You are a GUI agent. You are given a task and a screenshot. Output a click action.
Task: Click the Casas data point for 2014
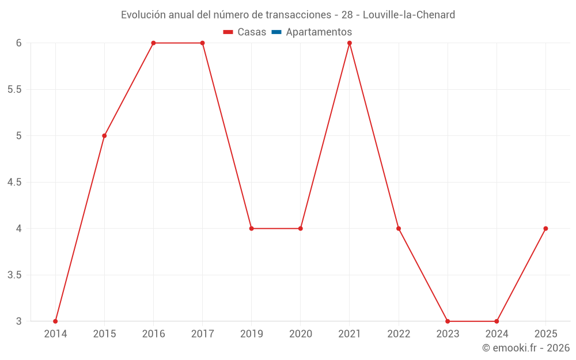[x=55, y=321]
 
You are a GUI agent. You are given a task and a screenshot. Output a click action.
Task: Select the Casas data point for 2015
[x=104, y=136]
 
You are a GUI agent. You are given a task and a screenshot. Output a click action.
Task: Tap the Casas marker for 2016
[x=153, y=43]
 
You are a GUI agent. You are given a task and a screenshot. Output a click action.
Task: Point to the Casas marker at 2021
[x=350, y=43]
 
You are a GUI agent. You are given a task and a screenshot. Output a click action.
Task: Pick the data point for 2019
[x=252, y=229]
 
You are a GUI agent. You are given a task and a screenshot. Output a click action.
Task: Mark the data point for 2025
[x=545, y=229]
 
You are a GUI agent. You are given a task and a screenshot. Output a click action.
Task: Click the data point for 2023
[x=448, y=321]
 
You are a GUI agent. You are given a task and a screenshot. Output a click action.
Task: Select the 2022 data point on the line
[x=399, y=229]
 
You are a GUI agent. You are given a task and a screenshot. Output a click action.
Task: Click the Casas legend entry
[x=245, y=32]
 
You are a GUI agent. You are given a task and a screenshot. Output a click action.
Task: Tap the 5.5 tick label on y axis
[x=14, y=90]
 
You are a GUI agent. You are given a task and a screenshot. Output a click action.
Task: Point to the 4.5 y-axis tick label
[x=14, y=183]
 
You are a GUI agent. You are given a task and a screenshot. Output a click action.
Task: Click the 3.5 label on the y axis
[x=14, y=275]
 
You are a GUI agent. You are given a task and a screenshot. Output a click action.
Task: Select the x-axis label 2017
[x=202, y=334]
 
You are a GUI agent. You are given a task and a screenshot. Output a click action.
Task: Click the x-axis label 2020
[x=301, y=334]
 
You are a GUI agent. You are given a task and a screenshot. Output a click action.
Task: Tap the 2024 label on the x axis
[x=497, y=334]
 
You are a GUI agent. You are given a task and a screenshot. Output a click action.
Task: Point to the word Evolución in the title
[x=143, y=15]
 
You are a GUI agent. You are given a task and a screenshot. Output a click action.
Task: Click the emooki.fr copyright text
[x=525, y=348]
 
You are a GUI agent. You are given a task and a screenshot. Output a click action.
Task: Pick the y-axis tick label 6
[x=19, y=43]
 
